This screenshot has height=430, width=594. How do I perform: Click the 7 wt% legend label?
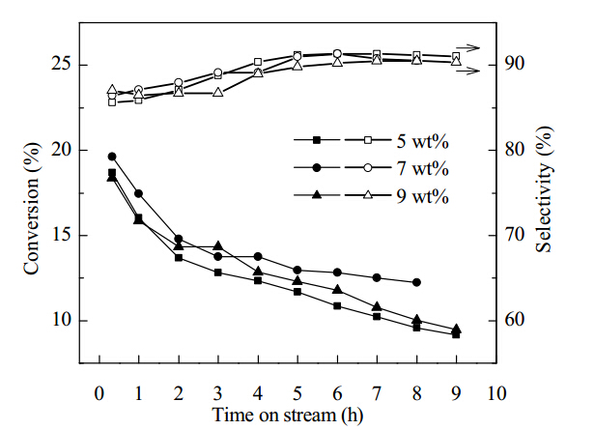click(x=422, y=168)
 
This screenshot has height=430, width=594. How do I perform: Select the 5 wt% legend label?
click(x=422, y=141)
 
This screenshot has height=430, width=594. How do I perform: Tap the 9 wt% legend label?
click(x=422, y=196)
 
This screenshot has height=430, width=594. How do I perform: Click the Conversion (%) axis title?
click(x=32, y=209)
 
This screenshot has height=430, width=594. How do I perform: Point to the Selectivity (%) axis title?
click(x=544, y=189)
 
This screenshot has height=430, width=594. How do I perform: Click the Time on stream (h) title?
click(x=288, y=415)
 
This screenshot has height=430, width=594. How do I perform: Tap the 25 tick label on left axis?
click(x=61, y=65)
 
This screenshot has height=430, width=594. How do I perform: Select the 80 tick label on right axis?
click(x=515, y=149)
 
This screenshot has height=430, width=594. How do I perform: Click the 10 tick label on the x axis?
click(x=496, y=393)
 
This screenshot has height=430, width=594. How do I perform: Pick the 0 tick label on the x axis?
click(x=99, y=393)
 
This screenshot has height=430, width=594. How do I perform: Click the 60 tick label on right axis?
click(x=515, y=320)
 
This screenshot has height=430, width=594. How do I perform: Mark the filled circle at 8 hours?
click(x=416, y=282)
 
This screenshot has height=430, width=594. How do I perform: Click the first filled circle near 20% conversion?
click(x=112, y=157)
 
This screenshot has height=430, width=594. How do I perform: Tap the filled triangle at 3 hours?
click(x=218, y=245)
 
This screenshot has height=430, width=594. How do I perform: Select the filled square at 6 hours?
click(x=337, y=305)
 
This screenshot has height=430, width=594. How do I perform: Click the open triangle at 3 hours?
click(x=218, y=92)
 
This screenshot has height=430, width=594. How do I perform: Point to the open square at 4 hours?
click(x=258, y=62)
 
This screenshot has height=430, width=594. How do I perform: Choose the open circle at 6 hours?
click(x=337, y=53)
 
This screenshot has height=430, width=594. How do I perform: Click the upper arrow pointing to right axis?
click(x=469, y=48)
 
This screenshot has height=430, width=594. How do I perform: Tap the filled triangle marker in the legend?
click(x=317, y=195)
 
